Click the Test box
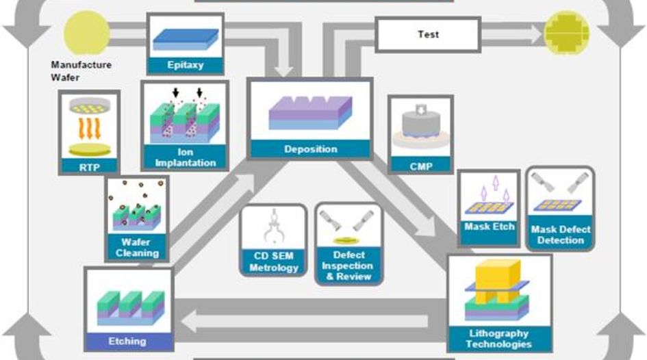point(428,35)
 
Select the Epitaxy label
point(186,66)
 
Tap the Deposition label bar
point(311,149)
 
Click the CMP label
point(420,165)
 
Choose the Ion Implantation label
point(185,158)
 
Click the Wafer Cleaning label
point(137,248)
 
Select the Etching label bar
point(129,340)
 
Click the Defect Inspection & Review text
point(348,266)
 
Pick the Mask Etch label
point(489,227)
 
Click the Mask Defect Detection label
point(560,235)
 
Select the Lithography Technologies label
point(498,338)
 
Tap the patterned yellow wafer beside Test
point(567,32)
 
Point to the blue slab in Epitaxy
point(186,38)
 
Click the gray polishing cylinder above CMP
point(420,125)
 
